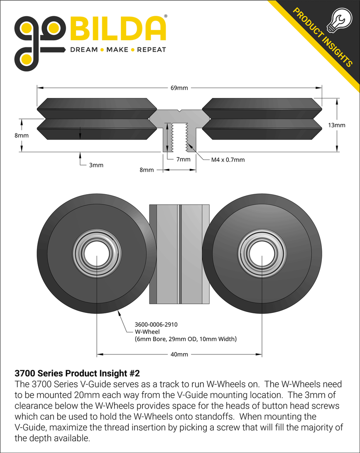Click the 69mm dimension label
click(179, 88)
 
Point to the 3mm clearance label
click(96, 165)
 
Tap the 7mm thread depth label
click(183, 159)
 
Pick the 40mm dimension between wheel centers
click(179, 355)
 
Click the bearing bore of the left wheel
click(97, 253)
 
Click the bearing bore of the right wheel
click(262, 253)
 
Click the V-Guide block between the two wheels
click(179, 254)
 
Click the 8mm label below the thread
click(147, 170)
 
